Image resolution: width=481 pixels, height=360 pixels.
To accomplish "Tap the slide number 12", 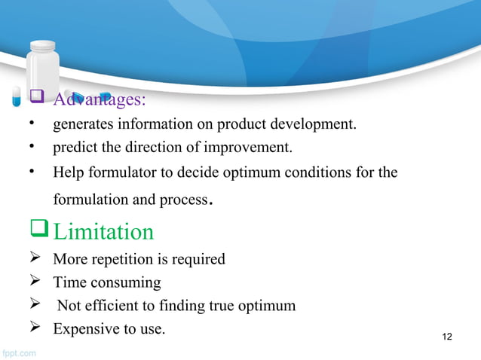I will (x=446, y=336).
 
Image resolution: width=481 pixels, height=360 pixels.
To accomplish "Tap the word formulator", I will (x=117, y=172).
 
